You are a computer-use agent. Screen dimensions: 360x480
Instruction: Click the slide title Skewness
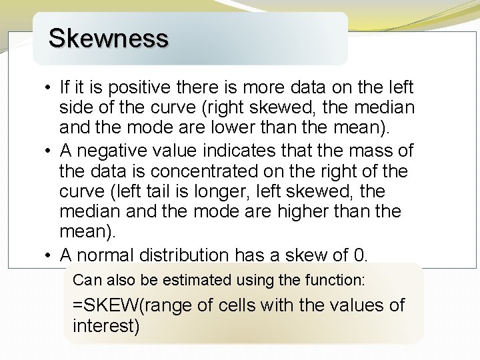click(108, 38)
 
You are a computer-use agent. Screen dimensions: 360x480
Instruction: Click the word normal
click(109, 255)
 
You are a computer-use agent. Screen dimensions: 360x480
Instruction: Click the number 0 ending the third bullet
click(359, 255)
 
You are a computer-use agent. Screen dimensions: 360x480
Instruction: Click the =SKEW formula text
click(107, 306)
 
